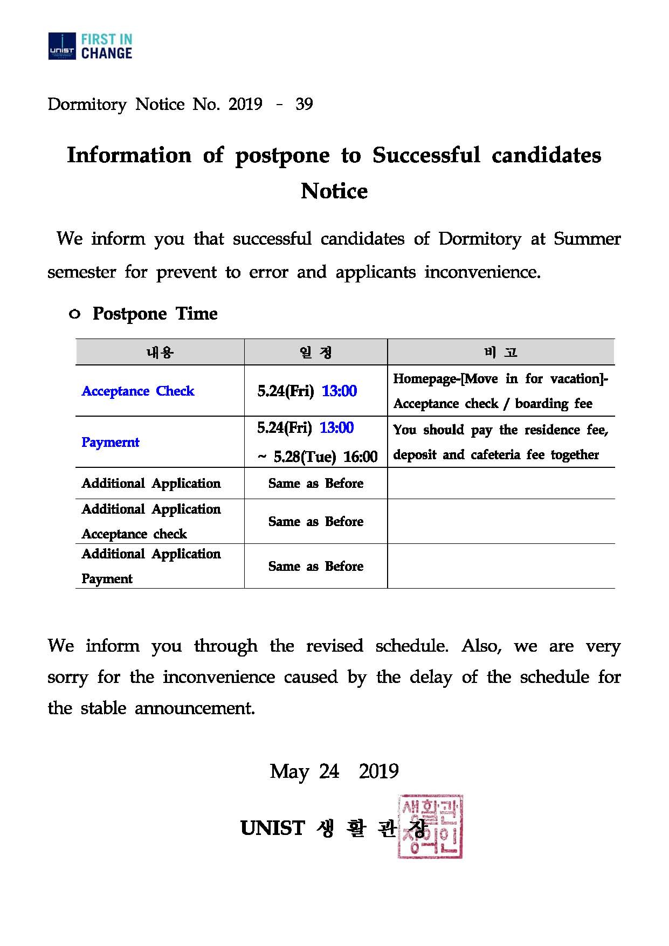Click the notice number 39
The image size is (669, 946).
(304, 104)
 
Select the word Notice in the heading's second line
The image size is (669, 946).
(334, 191)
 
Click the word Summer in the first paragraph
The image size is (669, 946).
(587, 239)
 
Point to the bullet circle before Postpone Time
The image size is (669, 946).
(75, 314)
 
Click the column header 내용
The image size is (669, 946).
(160, 353)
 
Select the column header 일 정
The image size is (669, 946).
(316, 353)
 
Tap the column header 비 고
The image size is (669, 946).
(501, 353)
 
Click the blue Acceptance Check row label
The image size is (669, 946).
(138, 391)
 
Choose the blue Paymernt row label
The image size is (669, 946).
(111, 442)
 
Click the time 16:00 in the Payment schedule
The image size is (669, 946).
(360, 457)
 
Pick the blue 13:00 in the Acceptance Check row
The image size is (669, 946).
(339, 391)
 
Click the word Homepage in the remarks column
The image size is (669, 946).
(425, 378)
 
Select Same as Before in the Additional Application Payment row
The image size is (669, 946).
(316, 566)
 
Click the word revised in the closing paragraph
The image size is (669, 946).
(334, 646)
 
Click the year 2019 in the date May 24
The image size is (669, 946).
(378, 771)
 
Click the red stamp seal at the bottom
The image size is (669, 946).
(430, 826)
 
